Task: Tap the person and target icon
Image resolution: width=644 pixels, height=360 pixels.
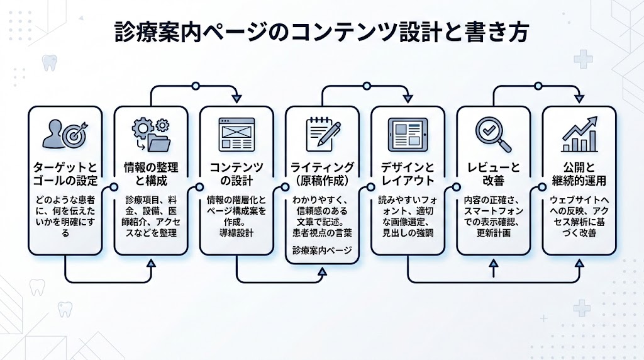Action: pos(65,135)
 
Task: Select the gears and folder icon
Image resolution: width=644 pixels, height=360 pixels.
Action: pos(150,135)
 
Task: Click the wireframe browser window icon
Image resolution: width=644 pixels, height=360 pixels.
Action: pos(236,133)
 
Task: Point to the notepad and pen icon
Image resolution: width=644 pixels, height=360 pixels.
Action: pos(322,133)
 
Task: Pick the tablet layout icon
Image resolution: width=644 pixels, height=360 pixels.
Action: pos(407,134)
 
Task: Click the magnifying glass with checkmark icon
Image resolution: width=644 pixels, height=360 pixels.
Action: pos(492,133)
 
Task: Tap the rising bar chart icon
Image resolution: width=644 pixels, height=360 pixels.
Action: pos(579,133)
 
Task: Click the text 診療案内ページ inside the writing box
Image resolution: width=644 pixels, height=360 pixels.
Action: pos(322,250)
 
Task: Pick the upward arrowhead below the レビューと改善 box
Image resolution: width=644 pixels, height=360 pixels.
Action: pos(493,269)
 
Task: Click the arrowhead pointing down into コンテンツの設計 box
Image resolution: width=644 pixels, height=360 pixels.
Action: pos(236,98)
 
